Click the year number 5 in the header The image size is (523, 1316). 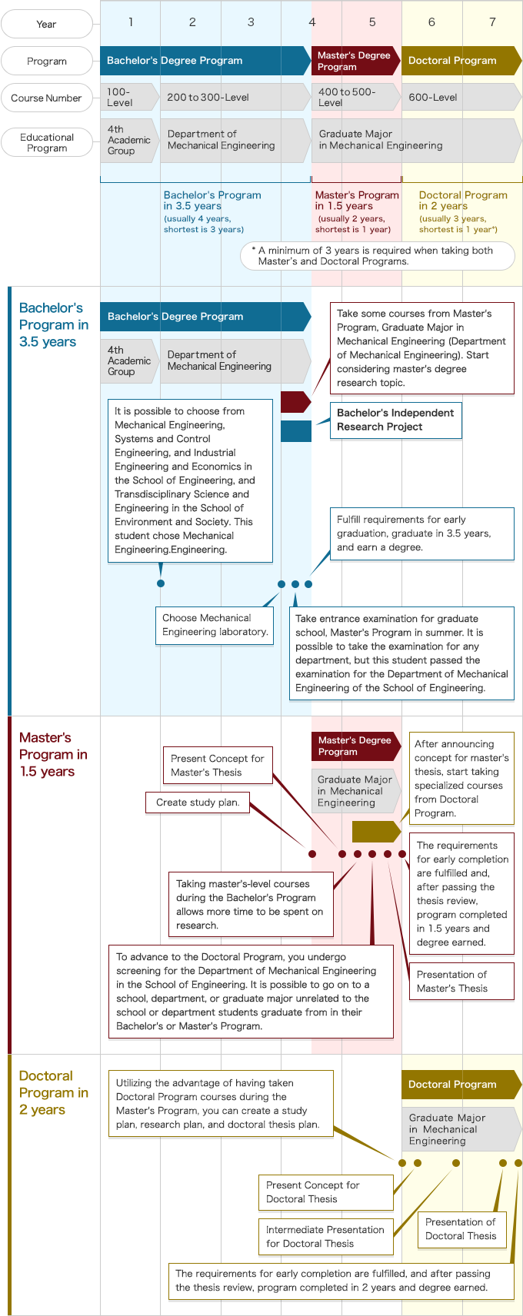[372, 22]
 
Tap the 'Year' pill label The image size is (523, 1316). [46, 24]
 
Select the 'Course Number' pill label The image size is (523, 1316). [46, 98]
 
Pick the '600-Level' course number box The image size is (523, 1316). [460, 98]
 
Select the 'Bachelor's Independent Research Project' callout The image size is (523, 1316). [395, 420]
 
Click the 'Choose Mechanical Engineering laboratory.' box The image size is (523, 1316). [215, 625]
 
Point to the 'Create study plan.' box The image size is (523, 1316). [198, 803]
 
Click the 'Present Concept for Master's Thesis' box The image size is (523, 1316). [217, 766]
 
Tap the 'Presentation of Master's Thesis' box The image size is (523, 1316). [461, 982]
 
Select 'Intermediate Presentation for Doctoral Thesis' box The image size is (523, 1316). [325, 1237]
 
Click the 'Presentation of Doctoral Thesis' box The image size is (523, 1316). [461, 1229]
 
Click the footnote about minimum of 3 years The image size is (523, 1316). [377, 256]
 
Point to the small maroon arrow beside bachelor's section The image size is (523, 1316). [295, 402]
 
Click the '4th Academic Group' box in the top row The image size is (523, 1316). [128, 141]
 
